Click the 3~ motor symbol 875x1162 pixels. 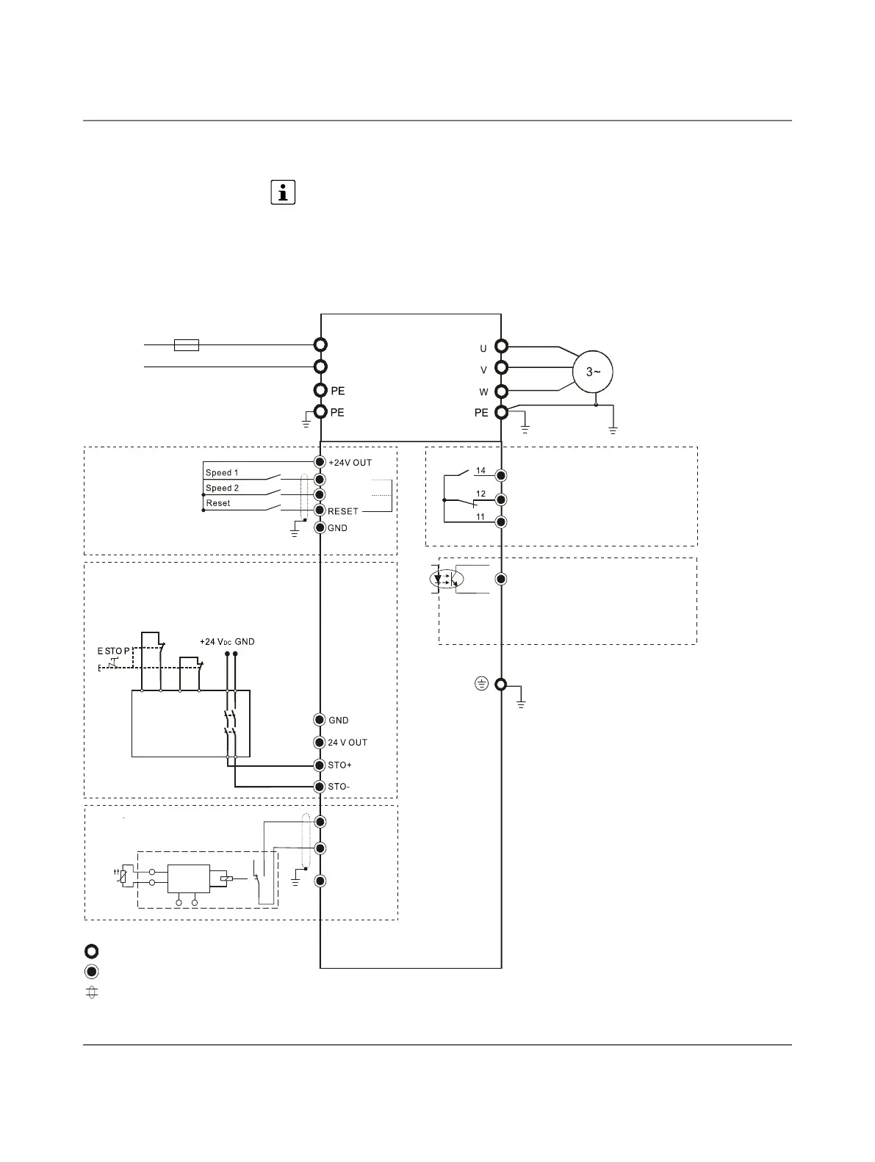tap(593, 372)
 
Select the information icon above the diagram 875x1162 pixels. tap(283, 193)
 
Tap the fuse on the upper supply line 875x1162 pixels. tap(187, 344)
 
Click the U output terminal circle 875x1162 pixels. tap(501, 346)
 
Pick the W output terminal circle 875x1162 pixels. tap(501, 391)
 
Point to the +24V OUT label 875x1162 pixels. tap(350, 463)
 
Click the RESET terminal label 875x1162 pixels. tap(343, 511)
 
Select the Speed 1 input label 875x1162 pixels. tap(222, 473)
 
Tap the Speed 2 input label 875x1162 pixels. tap(222, 488)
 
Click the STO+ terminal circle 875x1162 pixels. tap(319, 765)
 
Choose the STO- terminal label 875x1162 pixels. tap(338, 787)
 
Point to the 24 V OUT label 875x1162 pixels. tap(348, 743)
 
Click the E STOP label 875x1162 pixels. tap(115, 651)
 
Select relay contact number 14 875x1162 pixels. tap(480, 471)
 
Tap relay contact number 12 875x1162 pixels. tap(480, 494)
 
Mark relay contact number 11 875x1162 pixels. tap(480, 517)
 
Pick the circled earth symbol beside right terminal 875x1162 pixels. tap(480, 685)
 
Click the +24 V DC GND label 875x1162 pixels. tap(227, 642)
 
